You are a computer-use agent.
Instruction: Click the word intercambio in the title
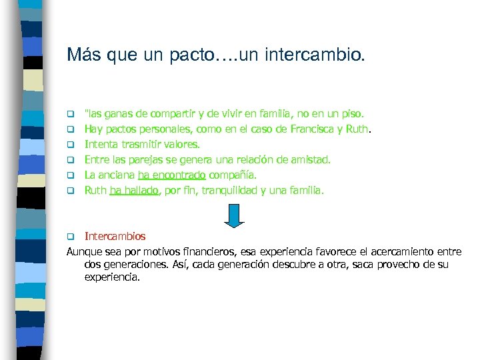(315, 55)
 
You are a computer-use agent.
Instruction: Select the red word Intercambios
(115, 236)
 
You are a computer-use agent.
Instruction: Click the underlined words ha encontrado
(172, 175)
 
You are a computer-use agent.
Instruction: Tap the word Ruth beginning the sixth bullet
(96, 190)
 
